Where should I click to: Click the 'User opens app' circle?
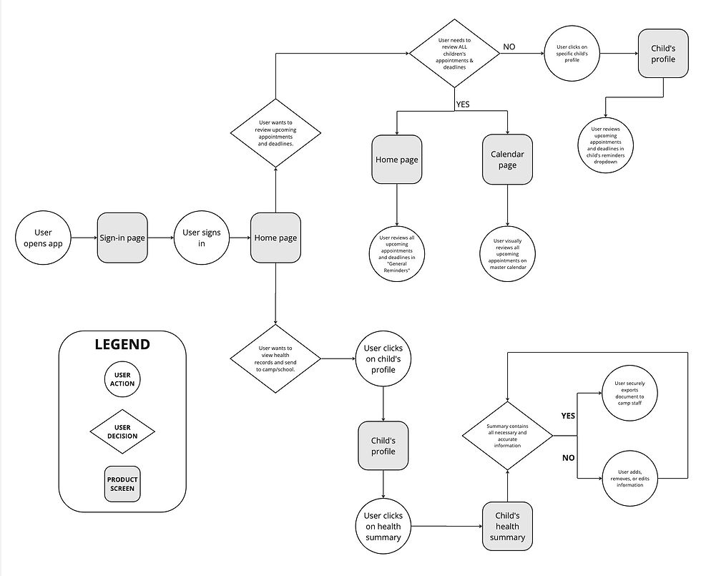pos(43,238)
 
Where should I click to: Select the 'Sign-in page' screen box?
pos(122,238)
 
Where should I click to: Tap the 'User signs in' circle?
pos(202,238)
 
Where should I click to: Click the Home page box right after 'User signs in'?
pos(275,238)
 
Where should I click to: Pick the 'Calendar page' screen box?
pos(507,160)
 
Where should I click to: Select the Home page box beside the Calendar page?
pos(396,160)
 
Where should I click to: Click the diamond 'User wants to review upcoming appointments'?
pos(275,132)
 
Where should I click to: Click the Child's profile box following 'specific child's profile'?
pos(662,54)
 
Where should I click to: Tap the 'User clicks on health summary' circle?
pos(383,527)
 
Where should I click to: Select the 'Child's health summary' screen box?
pos(507,527)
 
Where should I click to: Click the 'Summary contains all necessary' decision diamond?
pos(507,435)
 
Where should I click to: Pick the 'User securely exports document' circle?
pos(629,392)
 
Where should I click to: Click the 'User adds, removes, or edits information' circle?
pos(629,478)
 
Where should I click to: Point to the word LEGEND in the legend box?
pos(122,345)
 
